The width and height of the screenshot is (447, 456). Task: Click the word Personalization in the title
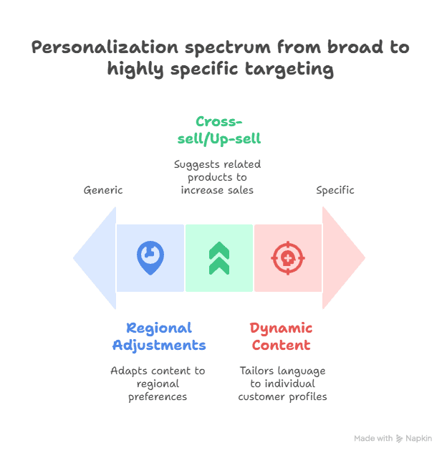pyautogui.click(x=105, y=47)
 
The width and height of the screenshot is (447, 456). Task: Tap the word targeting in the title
pyautogui.click(x=289, y=70)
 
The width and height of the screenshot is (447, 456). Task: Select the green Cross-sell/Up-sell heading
pyautogui.click(x=219, y=130)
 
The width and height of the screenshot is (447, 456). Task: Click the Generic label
pyautogui.click(x=103, y=190)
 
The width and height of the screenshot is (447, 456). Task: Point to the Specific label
pyautogui.click(x=335, y=191)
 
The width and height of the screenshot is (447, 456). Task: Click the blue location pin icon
pyautogui.click(x=150, y=257)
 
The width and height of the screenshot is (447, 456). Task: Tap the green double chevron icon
pyautogui.click(x=219, y=258)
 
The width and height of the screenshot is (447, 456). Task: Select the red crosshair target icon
pyautogui.click(x=288, y=258)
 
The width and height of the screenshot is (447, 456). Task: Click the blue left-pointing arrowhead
pyautogui.click(x=95, y=258)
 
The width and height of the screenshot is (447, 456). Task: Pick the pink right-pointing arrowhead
pyautogui.click(x=344, y=258)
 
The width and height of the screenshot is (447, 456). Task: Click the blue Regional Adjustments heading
pyautogui.click(x=159, y=337)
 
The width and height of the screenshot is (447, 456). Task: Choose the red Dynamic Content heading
pyautogui.click(x=281, y=337)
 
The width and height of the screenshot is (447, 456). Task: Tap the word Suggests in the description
pyautogui.click(x=193, y=165)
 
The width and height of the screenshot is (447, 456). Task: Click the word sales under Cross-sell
pyautogui.click(x=241, y=190)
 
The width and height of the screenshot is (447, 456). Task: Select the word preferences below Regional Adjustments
pyautogui.click(x=158, y=397)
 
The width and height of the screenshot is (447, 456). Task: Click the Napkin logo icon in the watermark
pyautogui.click(x=399, y=439)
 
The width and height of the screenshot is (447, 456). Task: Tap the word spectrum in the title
pyautogui.click(x=228, y=48)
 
